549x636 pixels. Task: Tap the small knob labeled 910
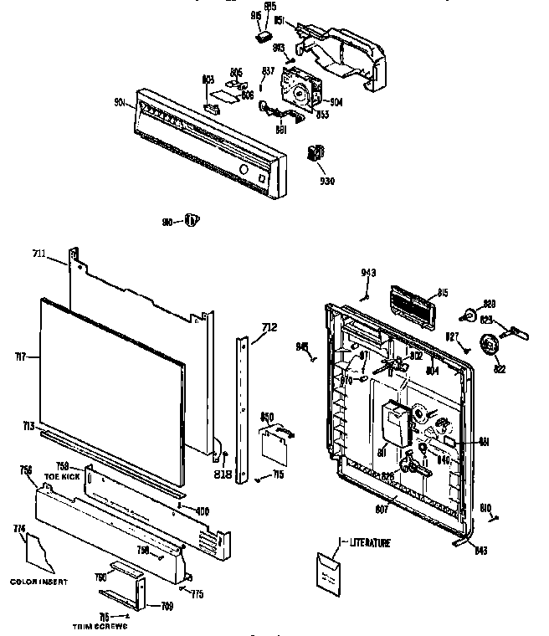pos(192,220)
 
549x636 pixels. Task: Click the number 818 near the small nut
pos(222,474)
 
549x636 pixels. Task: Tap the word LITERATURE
pos(369,543)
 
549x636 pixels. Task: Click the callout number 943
pos(369,273)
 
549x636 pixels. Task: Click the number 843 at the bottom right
pos(480,550)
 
